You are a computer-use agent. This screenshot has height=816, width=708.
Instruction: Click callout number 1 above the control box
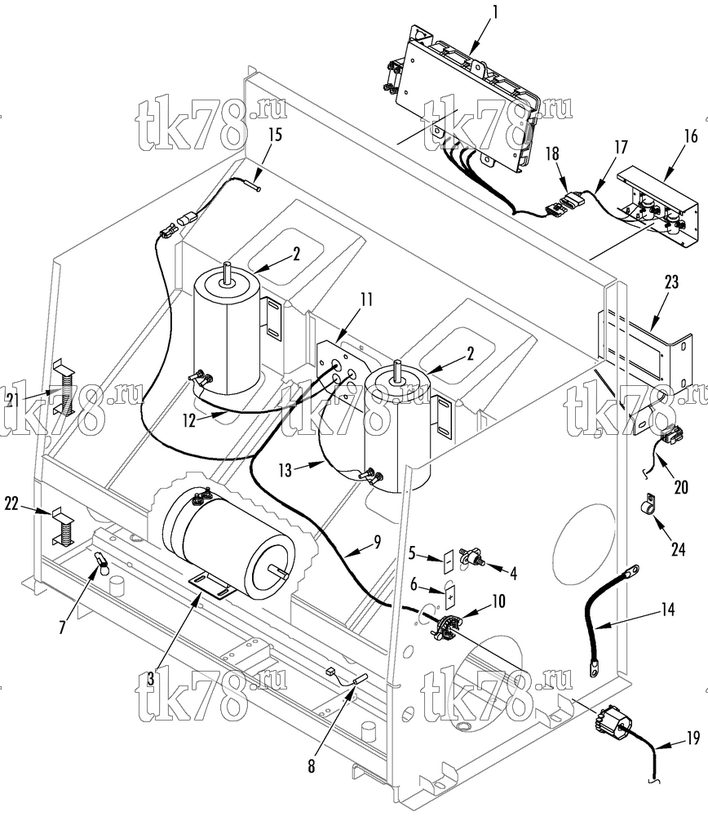[495, 12]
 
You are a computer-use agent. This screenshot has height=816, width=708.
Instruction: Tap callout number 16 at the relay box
[690, 137]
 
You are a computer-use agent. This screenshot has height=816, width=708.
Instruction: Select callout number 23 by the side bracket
[671, 282]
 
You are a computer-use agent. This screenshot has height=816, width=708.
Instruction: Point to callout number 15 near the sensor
[275, 135]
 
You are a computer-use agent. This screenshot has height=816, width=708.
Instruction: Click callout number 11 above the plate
[367, 299]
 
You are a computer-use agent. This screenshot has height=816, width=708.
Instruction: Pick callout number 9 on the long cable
[377, 542]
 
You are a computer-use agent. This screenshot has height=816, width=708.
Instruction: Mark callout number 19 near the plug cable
[693, 738]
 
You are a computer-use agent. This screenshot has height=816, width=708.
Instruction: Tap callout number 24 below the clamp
[679, 549]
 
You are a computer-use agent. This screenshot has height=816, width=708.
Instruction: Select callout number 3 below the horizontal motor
[151, 679]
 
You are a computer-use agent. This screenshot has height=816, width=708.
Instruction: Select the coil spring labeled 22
[64, 526]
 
